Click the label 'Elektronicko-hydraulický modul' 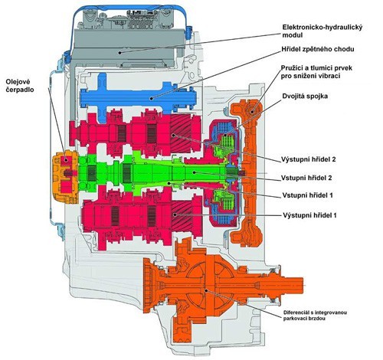click(x=322, y=31)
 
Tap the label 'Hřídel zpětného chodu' click(x=318, y=49)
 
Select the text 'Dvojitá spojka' click(x=305, y=97)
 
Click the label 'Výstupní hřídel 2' click(x=309, y=159)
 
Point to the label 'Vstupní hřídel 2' click(x=306, y=178)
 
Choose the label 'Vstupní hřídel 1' click(x=307, y=195)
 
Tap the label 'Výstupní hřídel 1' click(x=309, y=215)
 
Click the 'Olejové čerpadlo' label click(x=20, y=86)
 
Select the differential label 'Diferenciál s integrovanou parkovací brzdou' click(x=315, y=316)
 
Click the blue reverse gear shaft click(x=138, y=98)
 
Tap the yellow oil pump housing click(x=65, y=178)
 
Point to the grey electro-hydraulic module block click(x=129, y=48)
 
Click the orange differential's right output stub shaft click(x=286, y=286)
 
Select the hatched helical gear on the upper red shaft click(x=182, y=135)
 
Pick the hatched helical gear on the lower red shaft click(x=182, y=215)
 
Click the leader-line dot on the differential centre click(x=206, y=290)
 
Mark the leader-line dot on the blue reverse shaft click(x=152, y=98)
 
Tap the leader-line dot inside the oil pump click(x=66, y=160)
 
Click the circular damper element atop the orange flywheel click(x=252, y=111)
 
